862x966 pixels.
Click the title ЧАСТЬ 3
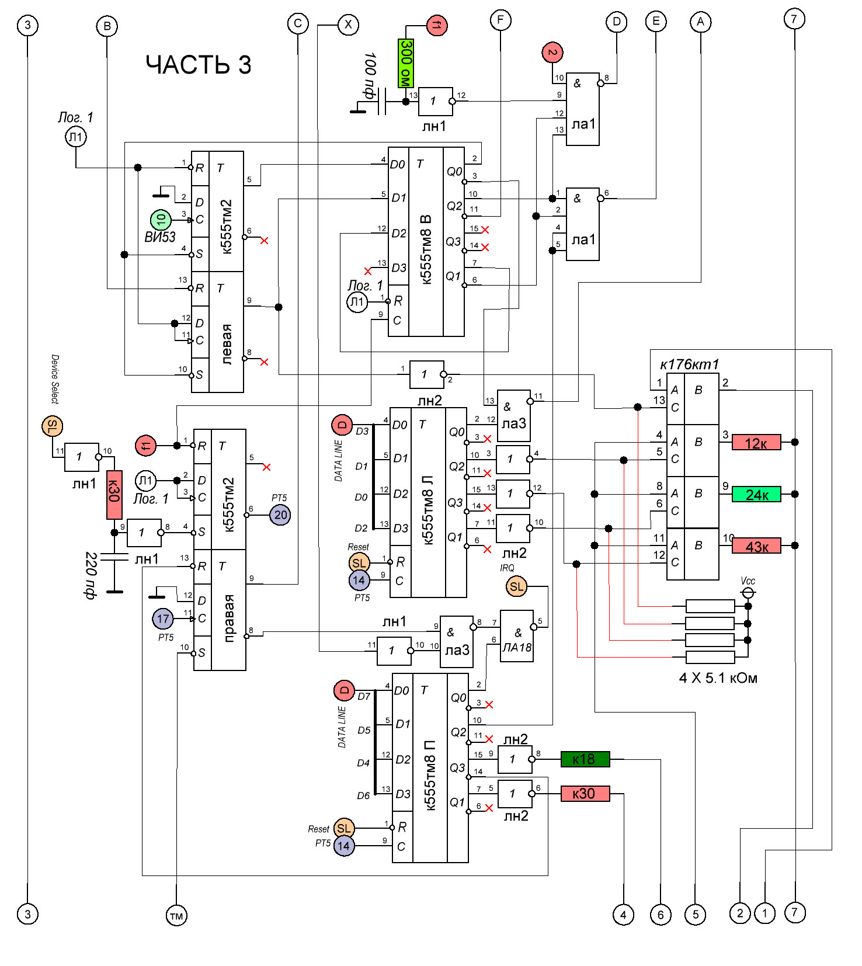tap(199, 64)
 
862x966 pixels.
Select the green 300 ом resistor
tap(406, 63)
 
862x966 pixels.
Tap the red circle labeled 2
tap(552, 53)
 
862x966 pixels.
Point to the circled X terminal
tap(349, 25)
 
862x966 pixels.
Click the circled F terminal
tap(500, 20)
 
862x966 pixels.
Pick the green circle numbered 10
tap(161, 220)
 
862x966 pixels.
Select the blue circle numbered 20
tap(280, 515)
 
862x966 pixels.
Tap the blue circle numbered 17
tap(163, 618)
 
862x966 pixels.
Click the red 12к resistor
tap(756, 443)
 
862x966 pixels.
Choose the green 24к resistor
tap(756, 494)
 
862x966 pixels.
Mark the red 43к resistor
tap(756, 546)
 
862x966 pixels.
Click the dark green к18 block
tap(585, 759)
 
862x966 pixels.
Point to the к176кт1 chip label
tap(690, 364)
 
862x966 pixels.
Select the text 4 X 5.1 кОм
tap(718, 678)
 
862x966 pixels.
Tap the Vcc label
tap(748, 581)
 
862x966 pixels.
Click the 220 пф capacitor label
tap(91, 575)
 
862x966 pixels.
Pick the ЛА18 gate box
tap(517, 636)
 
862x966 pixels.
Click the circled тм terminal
tap(176, 916)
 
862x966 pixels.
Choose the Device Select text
tap(54, 379)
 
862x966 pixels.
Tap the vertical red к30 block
tap(114, 495)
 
